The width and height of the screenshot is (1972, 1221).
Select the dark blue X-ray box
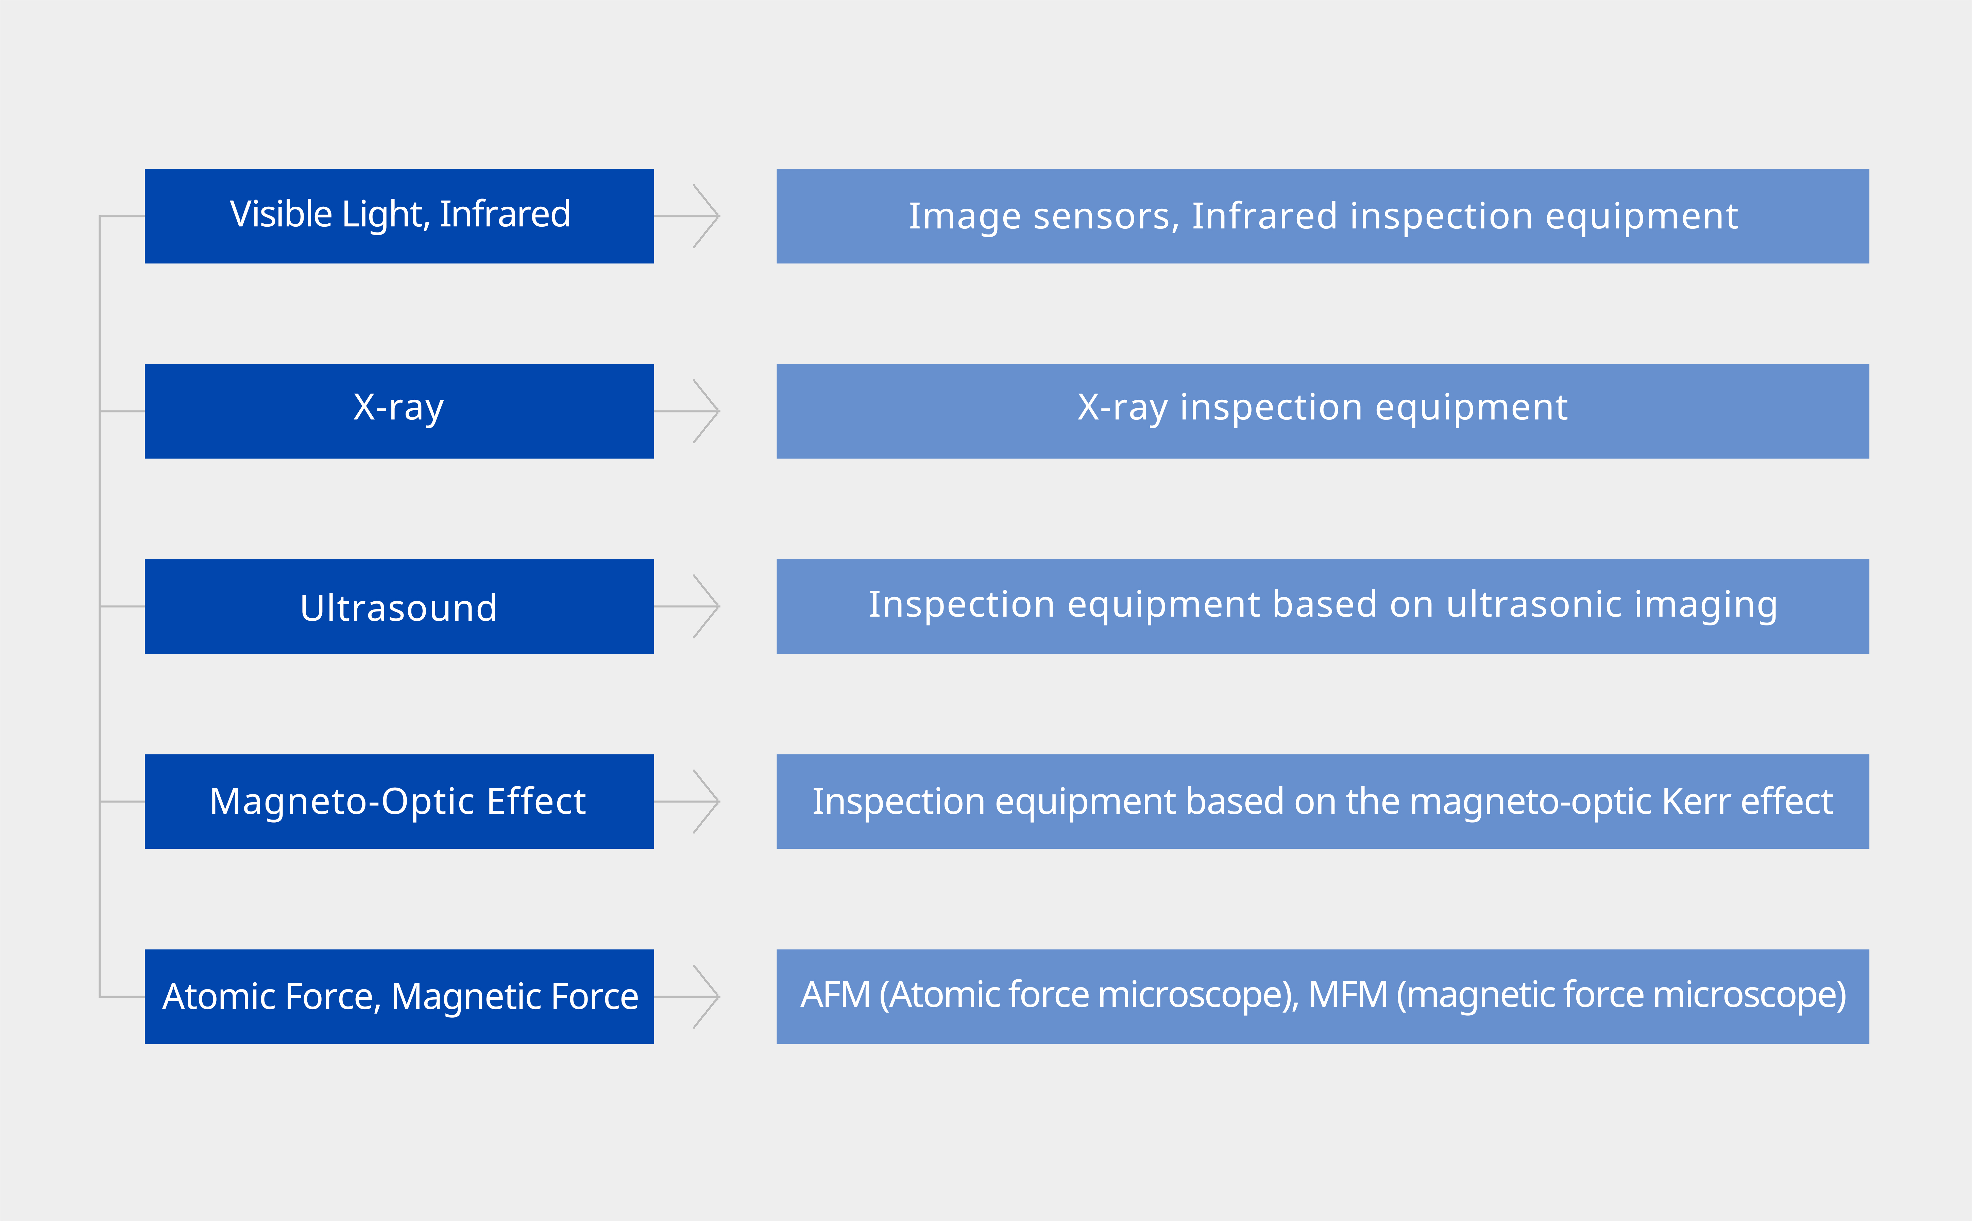pos(399,411)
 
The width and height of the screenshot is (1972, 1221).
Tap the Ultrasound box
pos(399,606)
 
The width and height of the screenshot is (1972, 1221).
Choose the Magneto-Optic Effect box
pos(399,801)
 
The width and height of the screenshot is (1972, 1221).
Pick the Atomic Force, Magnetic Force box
pos(399,997)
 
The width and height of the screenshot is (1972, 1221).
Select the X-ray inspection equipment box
pos(1323,411)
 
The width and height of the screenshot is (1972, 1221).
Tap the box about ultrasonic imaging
pos(1323,606)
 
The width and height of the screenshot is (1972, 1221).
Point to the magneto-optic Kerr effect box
pos(1323,801)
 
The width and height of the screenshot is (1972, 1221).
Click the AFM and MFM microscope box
pos(1323,997)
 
